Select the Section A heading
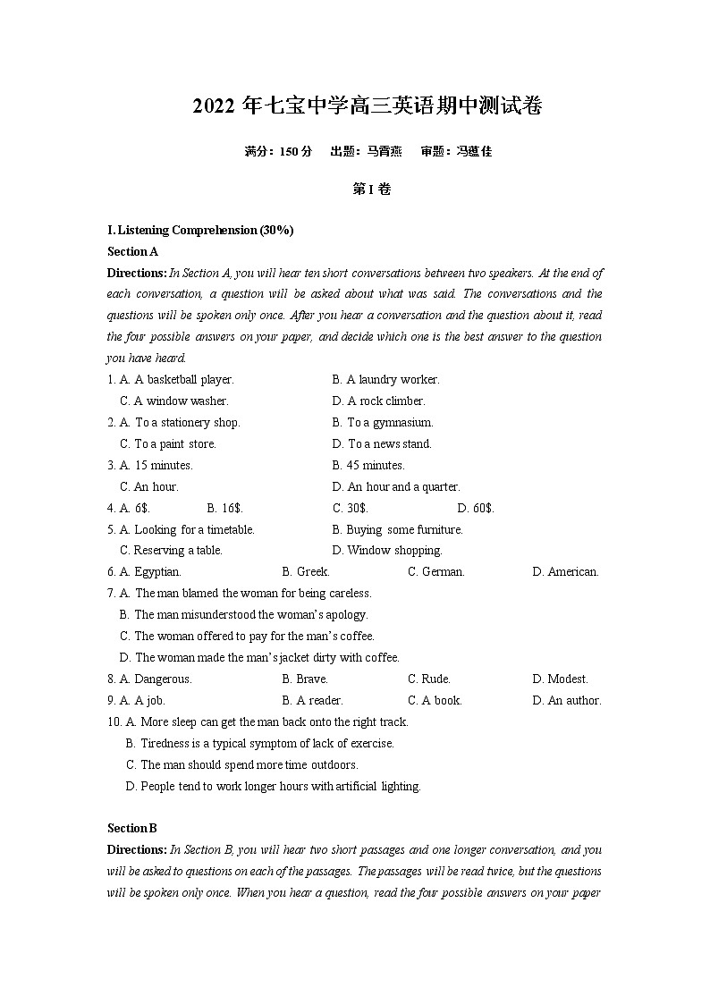click(132, 251)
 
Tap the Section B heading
click(132, 828)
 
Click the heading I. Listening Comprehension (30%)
click(200, 230)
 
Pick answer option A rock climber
click(385, 401)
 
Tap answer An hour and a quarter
click(403, 486)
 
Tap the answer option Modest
click(568, 679)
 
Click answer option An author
click(574, 700)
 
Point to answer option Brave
click(312, 679)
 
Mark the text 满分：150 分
click(278, 151)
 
